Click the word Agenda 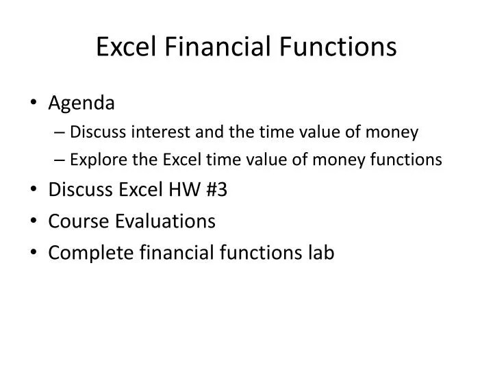pos(81,103)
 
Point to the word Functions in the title pos(330,47)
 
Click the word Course pos(75,221)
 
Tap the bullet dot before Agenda pos(34,104)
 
